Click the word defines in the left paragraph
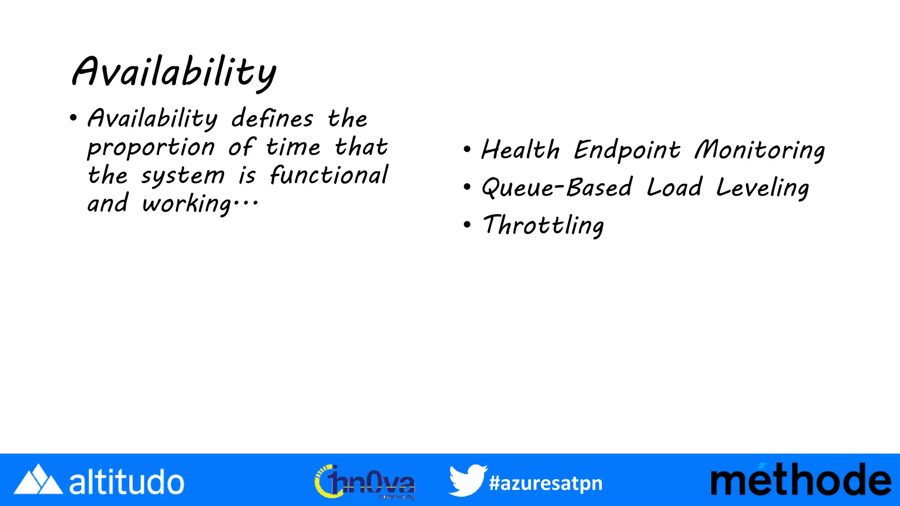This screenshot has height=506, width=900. coord(272,119)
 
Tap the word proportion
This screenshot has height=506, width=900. coord(151,148)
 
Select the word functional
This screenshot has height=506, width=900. coord(329,175)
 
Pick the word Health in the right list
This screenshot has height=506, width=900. coord(520,150)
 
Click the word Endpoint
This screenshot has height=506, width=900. coord(627,150)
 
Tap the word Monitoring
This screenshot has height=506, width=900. coord(759,150)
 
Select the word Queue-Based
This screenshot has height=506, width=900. coord(557,188)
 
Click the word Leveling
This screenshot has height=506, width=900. coord(762,188)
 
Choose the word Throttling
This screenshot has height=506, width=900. coord(543,226)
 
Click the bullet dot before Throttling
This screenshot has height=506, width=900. coord(467,225)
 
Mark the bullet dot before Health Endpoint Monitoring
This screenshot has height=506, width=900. coord(467,150)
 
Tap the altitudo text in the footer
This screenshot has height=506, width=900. coord(127,482)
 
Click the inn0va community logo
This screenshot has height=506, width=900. coord(365,482)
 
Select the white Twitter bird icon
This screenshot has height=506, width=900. coord(467,480)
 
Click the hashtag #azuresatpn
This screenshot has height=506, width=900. coord(545,483)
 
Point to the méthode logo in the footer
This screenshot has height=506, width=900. coord(801,481)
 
